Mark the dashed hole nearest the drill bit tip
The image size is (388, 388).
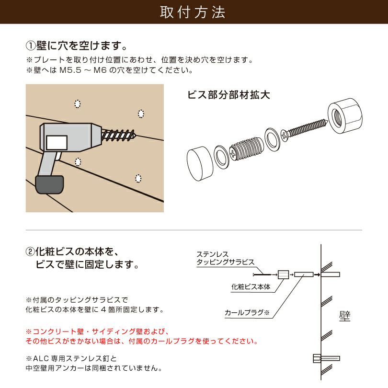point(141,114)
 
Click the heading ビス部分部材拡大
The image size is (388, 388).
point(228,94)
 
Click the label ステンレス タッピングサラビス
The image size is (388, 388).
point(225,258)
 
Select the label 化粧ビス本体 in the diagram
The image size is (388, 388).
point(251,287)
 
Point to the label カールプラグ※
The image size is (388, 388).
point(247,313)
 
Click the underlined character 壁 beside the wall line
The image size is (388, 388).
point(344,316)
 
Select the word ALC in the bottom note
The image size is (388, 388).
point(40,358)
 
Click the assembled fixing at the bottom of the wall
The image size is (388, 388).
point(326,358)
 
